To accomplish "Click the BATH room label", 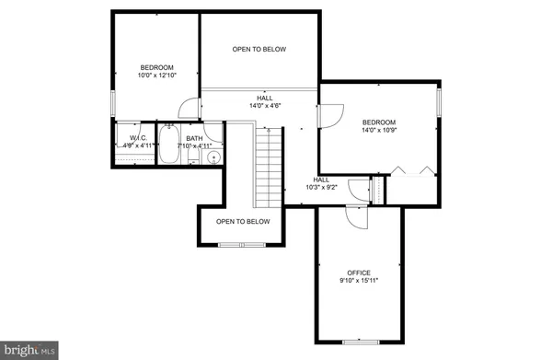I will tap(194, 137).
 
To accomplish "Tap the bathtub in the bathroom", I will tap(169, 145).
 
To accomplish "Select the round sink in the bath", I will tap(213, 157).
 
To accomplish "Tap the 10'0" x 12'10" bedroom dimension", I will tap(155, 75).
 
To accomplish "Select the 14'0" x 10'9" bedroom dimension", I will tap(378, 131).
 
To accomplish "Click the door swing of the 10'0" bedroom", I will tap(188, 109).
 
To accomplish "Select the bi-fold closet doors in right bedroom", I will tap(409, 170).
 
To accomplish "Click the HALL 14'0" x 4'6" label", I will tap(264, 100).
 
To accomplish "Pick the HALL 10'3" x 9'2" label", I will tap(322, 184).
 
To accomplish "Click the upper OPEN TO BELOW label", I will tap(259, 50).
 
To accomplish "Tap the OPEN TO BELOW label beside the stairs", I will tap(243, 221).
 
